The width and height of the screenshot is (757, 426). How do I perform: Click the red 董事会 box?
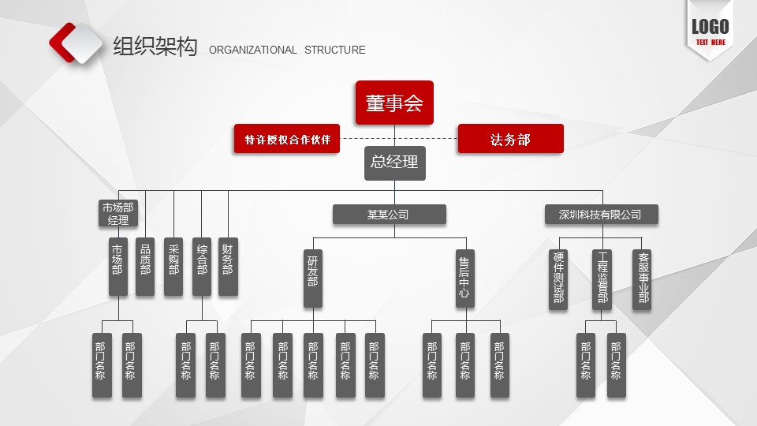click(394, 103)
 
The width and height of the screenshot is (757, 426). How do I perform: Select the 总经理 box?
click(394, 163)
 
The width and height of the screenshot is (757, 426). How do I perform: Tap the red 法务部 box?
click(510, 139)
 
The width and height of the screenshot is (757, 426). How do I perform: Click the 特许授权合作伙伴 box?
click(287, 139)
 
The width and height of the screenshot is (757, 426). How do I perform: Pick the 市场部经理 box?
click(117, 214)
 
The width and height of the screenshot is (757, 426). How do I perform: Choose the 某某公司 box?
click(389, 214)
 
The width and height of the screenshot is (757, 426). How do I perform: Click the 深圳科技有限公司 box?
click(601, 214)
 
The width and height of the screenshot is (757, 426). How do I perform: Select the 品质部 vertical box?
click(145, 267)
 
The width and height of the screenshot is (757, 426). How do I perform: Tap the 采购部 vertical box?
click(173, 267)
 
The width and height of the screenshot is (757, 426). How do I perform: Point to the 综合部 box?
click(202, 267)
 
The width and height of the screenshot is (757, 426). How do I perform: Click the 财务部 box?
click(228, 267)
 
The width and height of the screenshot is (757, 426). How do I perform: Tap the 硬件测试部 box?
click(558, 279)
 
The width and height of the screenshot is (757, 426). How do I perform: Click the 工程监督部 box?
click(602, 279)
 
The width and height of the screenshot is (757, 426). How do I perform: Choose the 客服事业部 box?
click(642, 279)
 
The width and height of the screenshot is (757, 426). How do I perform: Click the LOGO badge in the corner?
click(710, 30)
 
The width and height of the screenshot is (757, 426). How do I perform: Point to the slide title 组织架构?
click(155, 47)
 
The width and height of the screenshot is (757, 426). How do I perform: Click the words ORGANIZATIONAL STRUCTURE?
click(287, 50)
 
